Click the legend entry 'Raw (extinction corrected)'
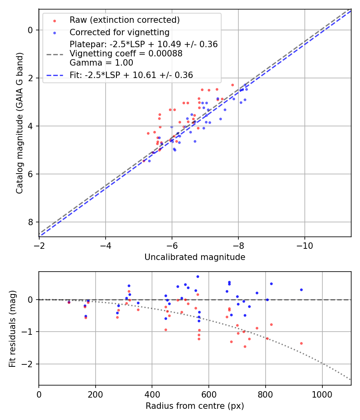[124, 20]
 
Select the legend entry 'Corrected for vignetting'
[119, 32]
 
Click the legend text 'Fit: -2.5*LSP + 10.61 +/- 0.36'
[131, 75]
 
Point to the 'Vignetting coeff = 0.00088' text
[126, 54]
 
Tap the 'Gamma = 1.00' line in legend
[101, 63]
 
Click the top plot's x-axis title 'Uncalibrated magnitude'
[195, 257]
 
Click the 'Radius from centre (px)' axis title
[195, 406]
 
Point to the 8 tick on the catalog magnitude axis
[30, 222]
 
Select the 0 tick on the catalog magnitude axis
[30, 30]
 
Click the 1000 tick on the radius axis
[322, 394]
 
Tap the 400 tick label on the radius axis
[152, 394]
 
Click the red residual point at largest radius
[301, 343]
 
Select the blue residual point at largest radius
[301, 290]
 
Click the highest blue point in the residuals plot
[198, 276]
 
